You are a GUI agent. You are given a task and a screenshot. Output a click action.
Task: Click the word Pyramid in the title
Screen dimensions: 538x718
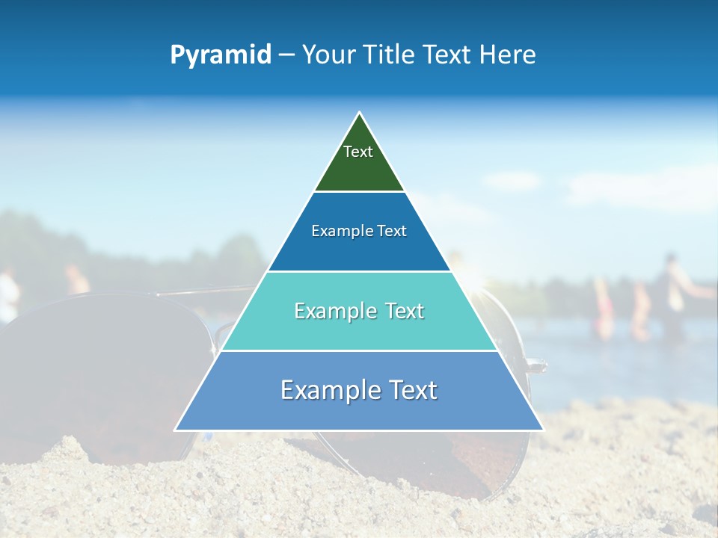(221, 55)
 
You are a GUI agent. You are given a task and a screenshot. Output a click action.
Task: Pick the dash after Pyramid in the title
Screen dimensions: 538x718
(286, 55)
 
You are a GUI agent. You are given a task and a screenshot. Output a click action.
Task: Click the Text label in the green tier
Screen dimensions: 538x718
(358, 152)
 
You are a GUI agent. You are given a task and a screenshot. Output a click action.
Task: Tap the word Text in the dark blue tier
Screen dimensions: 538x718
(392, 231)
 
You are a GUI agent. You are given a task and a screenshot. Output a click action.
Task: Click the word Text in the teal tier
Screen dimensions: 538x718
(405, 311)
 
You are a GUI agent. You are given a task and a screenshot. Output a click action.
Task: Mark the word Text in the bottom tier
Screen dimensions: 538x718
(411, 390)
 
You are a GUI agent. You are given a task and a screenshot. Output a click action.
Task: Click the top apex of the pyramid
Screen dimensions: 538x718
(359, 113)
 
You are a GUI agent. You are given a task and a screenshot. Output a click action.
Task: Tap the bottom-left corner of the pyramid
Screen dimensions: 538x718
(176, 430)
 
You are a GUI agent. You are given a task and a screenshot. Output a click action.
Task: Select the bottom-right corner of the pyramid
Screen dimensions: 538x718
(542, 430)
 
